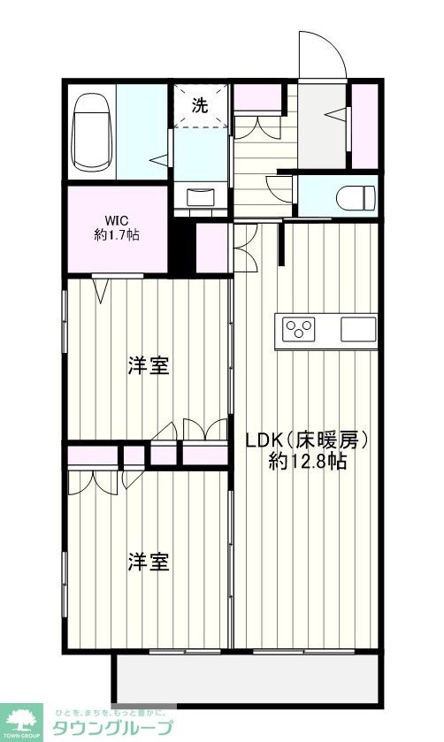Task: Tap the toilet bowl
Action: click(357, 195)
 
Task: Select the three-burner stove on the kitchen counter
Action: click(299, 330)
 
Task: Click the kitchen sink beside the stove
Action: click(359, 330)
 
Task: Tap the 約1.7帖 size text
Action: click(116, 235)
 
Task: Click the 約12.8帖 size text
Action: click(306, 461)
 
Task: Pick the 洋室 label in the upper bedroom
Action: click(148, 365)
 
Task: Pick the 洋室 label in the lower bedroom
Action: click(148, 562)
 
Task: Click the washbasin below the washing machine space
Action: click(200, 195)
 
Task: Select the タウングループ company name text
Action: click(114, 729)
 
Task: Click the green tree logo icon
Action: click(23, 718)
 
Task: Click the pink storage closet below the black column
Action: click(211, 248)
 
